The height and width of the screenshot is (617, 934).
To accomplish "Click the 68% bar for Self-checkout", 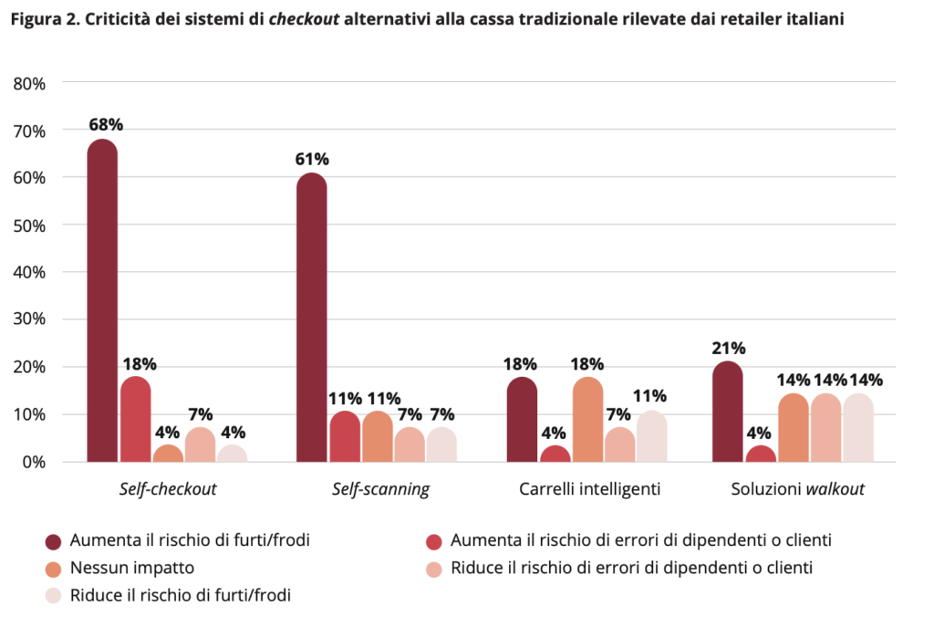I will [103, 301].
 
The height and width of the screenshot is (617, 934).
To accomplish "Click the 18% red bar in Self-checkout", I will [135, 420].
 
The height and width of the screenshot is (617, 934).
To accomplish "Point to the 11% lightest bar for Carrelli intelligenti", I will [651, 437].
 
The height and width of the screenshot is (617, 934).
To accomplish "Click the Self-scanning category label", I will [380, 489].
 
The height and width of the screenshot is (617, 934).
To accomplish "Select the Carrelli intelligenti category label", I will [589, 489].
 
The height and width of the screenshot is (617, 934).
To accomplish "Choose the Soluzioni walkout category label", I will [797, 489].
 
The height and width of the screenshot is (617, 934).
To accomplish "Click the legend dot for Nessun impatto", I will [54, 568].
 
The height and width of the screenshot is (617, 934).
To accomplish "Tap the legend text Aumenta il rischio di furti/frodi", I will [190, 540].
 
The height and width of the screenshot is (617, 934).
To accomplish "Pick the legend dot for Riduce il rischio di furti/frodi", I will [54, 595].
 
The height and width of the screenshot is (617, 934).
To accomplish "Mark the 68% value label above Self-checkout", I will [105, 124].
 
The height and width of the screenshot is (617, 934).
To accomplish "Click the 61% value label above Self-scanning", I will [312, 159].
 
